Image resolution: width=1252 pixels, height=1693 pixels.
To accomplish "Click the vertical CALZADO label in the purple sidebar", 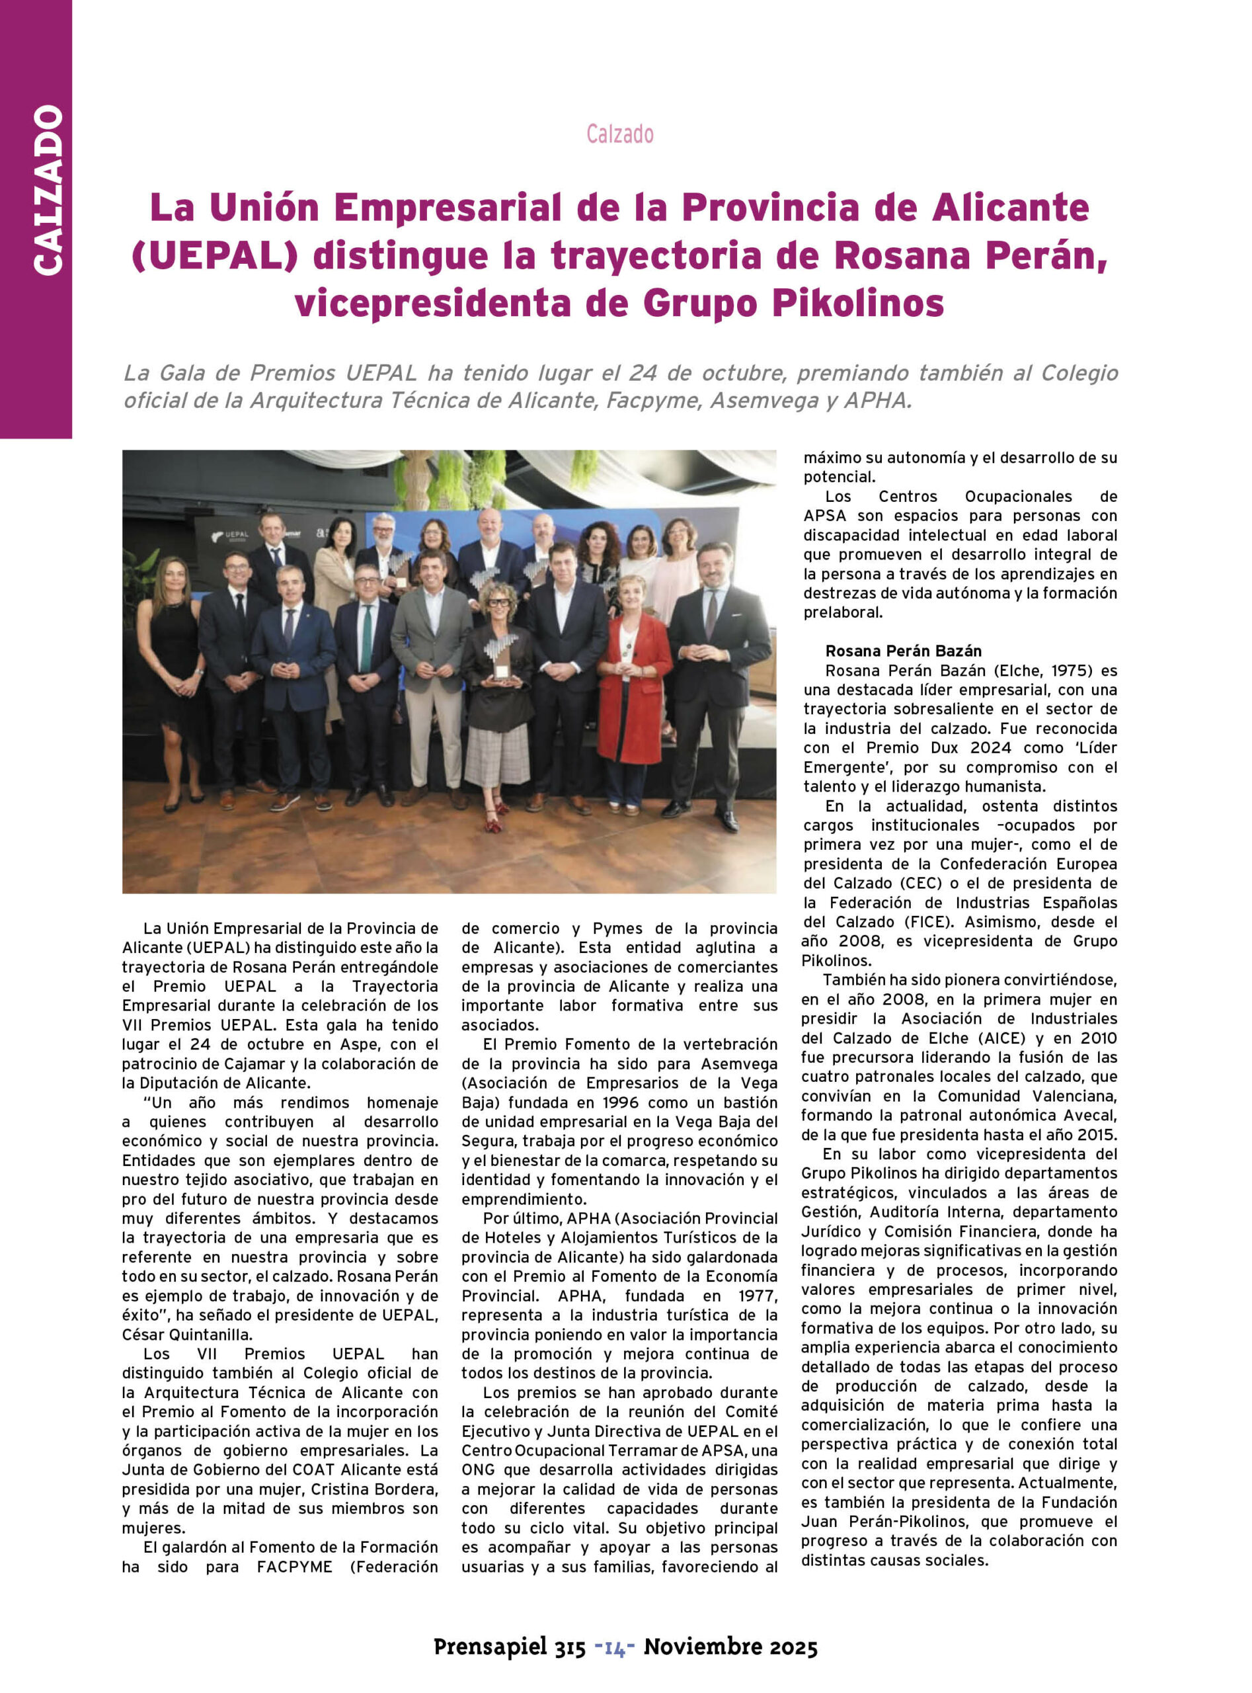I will (x=48, y=190).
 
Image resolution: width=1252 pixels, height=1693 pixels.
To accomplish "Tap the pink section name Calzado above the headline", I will (x=619, y=134).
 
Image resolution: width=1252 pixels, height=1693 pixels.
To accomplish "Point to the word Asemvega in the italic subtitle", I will (x=762, y=400).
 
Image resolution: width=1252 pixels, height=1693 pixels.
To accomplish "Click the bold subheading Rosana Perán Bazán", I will (x=904, y=651).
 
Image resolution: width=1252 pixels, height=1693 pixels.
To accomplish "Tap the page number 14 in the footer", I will (x=615, y=1648).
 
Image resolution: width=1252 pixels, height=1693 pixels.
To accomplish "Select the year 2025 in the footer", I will (x=793, y=1647).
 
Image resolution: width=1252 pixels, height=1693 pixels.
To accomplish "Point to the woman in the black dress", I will (x=175, y=667).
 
